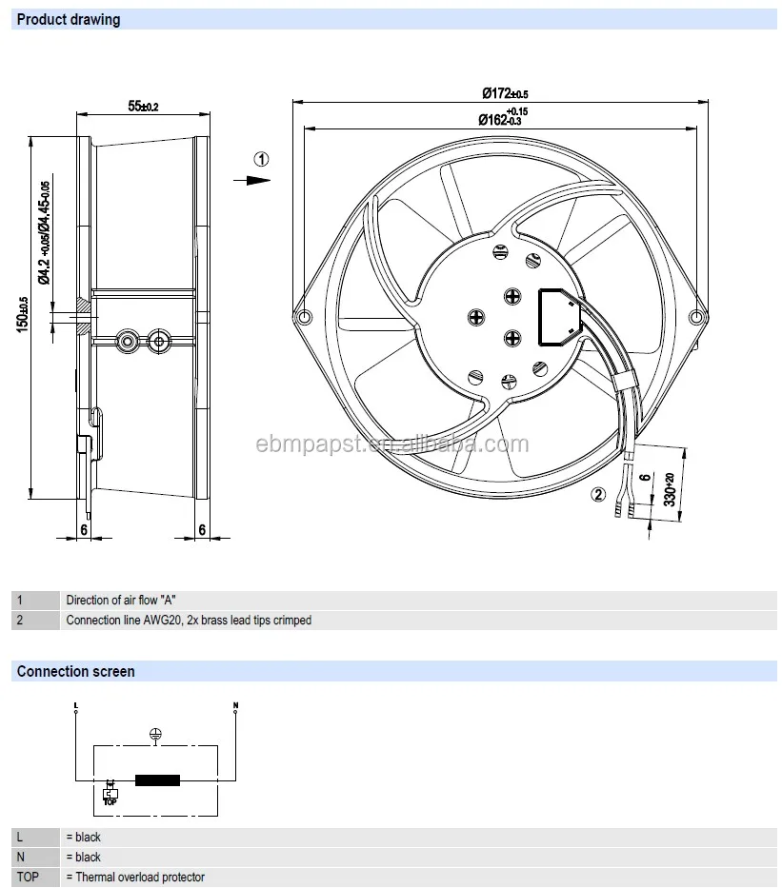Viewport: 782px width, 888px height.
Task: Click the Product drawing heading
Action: (69, 19)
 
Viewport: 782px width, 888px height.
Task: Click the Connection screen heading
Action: (75, 671)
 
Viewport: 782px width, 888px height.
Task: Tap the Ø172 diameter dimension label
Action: (505, 93)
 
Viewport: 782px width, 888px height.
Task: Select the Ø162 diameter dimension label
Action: (503, 118)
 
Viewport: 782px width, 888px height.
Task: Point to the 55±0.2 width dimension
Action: (143, 107)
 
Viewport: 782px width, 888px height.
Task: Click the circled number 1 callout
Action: (261, 159)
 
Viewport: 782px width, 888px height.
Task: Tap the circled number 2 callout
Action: (598, 493)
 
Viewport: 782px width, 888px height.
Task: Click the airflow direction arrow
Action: (252, 179)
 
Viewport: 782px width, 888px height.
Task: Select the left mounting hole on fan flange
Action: (304, 317)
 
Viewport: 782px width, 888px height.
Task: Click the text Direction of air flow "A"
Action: (121, 600)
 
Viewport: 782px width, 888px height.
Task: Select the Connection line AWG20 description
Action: (188, 620)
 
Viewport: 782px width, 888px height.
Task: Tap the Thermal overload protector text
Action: (134, 877)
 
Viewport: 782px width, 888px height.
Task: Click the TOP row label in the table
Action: (29, 877)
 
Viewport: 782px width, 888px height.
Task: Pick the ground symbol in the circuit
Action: (155, 734)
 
